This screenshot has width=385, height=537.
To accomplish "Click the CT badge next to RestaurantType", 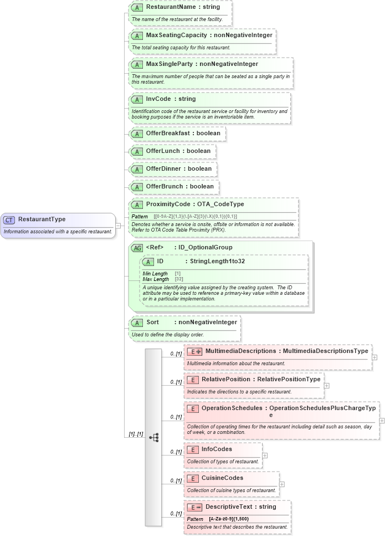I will pyautogui.click(x=9, y=219).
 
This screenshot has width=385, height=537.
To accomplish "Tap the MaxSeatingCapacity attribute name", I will pyautogui.click(x=176, y=35).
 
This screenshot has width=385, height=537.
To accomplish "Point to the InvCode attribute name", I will pyautogui.click(x=158, y=99).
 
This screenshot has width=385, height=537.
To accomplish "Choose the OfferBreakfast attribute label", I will pyautogui.click(x=168, y=133).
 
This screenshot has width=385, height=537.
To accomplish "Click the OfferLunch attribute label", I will pyautogui.click(x=163, y=151).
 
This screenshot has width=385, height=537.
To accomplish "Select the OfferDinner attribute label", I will pyautogui.click(x=163, y=168).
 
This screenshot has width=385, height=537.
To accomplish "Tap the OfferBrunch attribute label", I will pyautogui.click(x=165, y=186).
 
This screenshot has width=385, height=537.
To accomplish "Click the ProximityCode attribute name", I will pyautogui.click(x=171, y=204).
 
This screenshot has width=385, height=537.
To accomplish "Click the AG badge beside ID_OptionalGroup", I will pyautogui.click(x=136, y=248).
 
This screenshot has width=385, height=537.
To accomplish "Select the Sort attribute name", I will pyautogui.click(x=152, y=322).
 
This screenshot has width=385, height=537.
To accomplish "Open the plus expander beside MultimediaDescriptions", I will pyautogui.click(x=375, y=357).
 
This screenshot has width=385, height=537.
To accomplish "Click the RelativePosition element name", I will pyautogui.click(x=225, y=380).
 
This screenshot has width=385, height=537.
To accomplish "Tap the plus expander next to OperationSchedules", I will pyautogui.click(x=382, y=421).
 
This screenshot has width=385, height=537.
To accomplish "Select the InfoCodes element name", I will pyautogui.click(x=217, y=449).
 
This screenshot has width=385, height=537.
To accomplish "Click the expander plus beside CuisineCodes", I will pyautogui.click(x=282, y=484).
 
